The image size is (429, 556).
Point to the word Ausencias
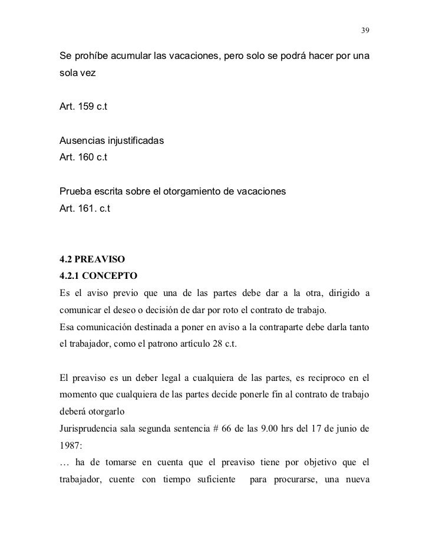[x=82, y=142]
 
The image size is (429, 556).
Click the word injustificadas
[x=135, y=142]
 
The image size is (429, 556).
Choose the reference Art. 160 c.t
[x=84, y=158]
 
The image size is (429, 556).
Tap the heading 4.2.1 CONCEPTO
[x=98, y=274]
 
